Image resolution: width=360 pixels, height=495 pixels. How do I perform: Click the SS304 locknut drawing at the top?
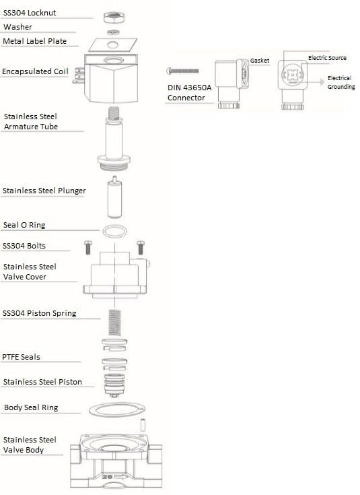pos(114,17)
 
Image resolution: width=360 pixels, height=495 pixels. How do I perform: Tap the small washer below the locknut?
pos(113,32)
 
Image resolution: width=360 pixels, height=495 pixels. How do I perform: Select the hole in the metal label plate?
pos(113,44)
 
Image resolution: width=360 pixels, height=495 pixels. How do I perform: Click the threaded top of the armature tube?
pos(114,112)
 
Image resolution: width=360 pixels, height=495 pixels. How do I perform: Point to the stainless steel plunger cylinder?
pos(114,197)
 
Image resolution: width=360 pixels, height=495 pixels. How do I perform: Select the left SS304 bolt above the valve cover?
pos(88,248)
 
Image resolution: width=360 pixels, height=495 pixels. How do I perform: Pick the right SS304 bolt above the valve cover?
pos(141,248)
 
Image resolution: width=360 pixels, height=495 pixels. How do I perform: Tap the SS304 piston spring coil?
pos(114,323)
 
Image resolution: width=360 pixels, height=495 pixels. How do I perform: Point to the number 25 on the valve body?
pos(107,476)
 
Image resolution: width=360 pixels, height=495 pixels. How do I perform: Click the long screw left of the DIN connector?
pos(182,71)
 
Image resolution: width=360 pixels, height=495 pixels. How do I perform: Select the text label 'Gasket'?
pos(260,61)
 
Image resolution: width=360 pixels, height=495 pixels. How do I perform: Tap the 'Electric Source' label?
pos(327,58)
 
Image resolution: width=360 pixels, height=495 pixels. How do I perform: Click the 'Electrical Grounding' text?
pos(340,82)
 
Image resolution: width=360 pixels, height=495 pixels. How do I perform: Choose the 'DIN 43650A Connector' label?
pos(189,92)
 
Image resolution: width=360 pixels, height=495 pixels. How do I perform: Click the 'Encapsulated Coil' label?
pos(35,71)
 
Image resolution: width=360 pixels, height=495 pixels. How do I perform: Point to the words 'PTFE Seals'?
pos(21,357)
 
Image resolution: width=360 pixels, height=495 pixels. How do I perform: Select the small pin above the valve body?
pos(143,424)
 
